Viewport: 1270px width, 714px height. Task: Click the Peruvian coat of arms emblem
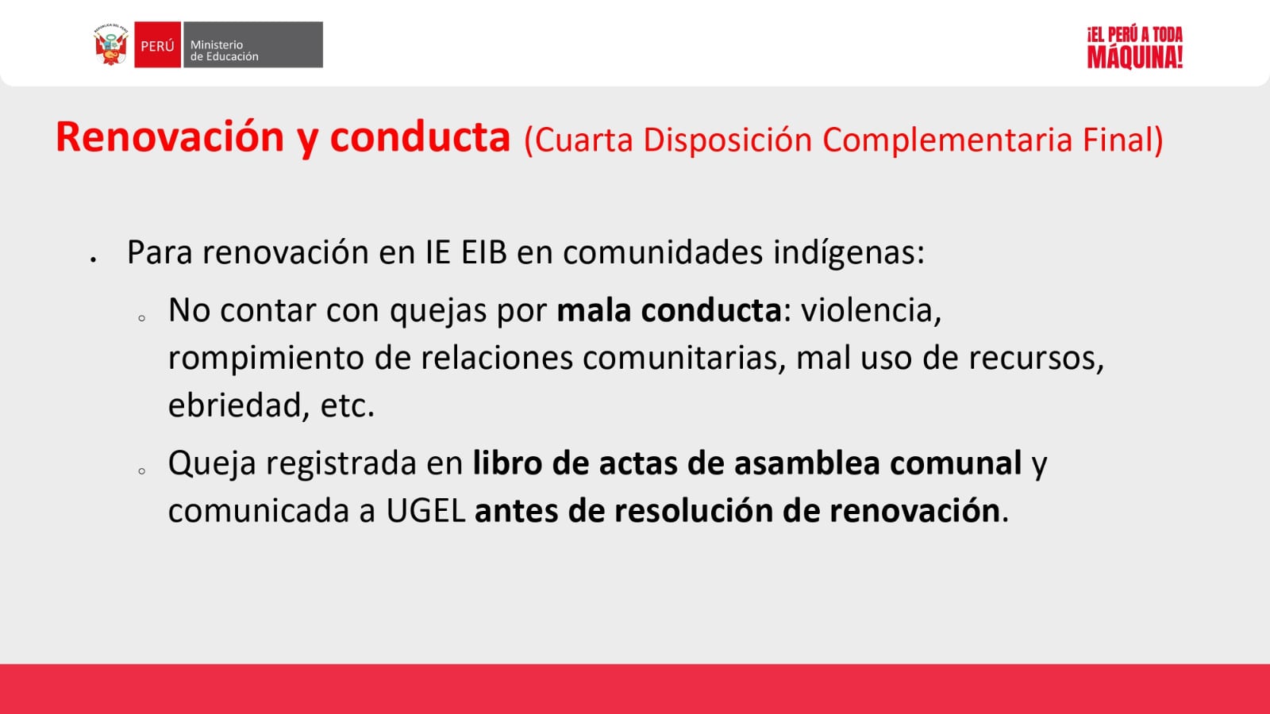click(111, 44)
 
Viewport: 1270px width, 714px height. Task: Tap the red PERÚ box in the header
click(158, 44)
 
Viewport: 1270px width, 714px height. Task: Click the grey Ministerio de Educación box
click(253, 44)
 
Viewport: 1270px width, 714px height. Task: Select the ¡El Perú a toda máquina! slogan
click(1134, 48)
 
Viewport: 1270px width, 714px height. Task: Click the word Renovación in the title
click(170, 137)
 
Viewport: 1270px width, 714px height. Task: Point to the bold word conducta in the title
click(420, 137)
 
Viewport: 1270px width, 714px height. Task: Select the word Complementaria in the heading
click(947, 140)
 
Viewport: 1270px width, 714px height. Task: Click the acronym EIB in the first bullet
click(483, 252)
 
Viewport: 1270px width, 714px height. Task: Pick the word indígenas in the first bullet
click(849, 253)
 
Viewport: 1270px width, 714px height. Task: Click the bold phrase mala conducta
click(669, 310)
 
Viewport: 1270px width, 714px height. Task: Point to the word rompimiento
click(266, 359)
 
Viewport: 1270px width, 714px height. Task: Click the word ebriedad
click(239, 405)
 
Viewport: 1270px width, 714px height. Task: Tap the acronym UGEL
click(425, 511)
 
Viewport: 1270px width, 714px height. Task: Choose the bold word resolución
click(694, 511)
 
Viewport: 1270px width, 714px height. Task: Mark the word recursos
click(1036, 359)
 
